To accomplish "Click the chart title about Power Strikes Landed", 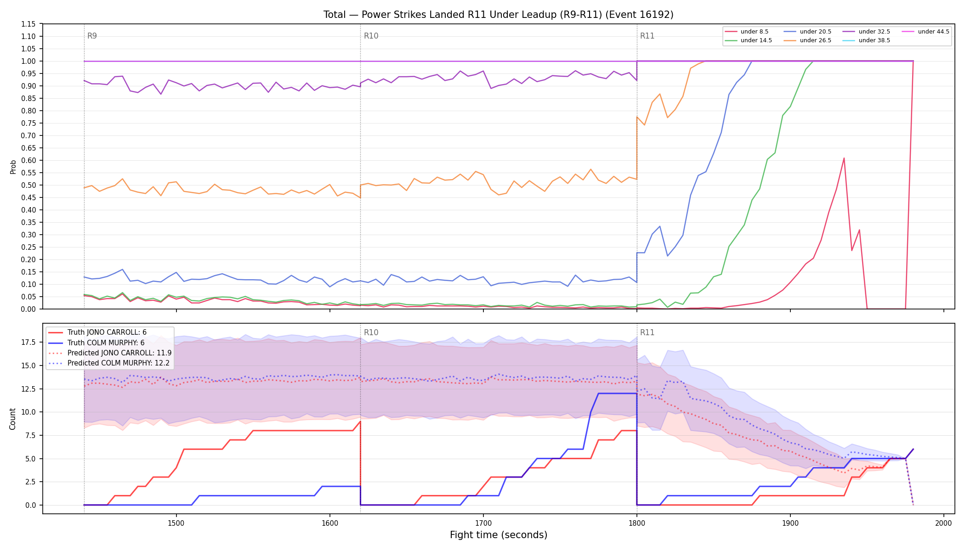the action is tap(498, 15).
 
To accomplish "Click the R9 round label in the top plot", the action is tap(92, 36).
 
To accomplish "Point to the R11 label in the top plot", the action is tap(647, 36).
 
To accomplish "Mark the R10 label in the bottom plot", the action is tap(371, 332).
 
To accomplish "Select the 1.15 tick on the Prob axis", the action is tap(28, 24).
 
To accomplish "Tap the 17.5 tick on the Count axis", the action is tap(28, 342).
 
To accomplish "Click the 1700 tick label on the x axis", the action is tap(483, 523).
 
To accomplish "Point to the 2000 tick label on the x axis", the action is tap(943, 523).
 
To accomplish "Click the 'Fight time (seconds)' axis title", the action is tap(499, 535).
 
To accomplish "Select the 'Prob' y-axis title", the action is tap(13, 167).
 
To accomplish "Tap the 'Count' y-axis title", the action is tap(12, 419).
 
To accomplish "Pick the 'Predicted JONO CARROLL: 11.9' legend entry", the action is tap(110, 353).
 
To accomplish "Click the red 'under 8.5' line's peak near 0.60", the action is tap(844, 158).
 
